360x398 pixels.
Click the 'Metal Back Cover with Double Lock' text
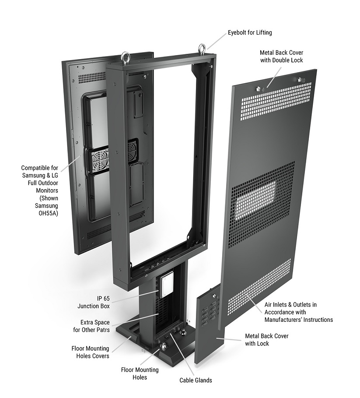281,56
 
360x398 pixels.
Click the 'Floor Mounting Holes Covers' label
90,352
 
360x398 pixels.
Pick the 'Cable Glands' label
196,380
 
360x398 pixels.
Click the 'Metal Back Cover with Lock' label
266,340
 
